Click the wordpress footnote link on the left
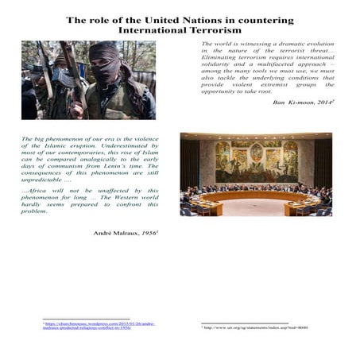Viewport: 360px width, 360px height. [87, 326]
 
